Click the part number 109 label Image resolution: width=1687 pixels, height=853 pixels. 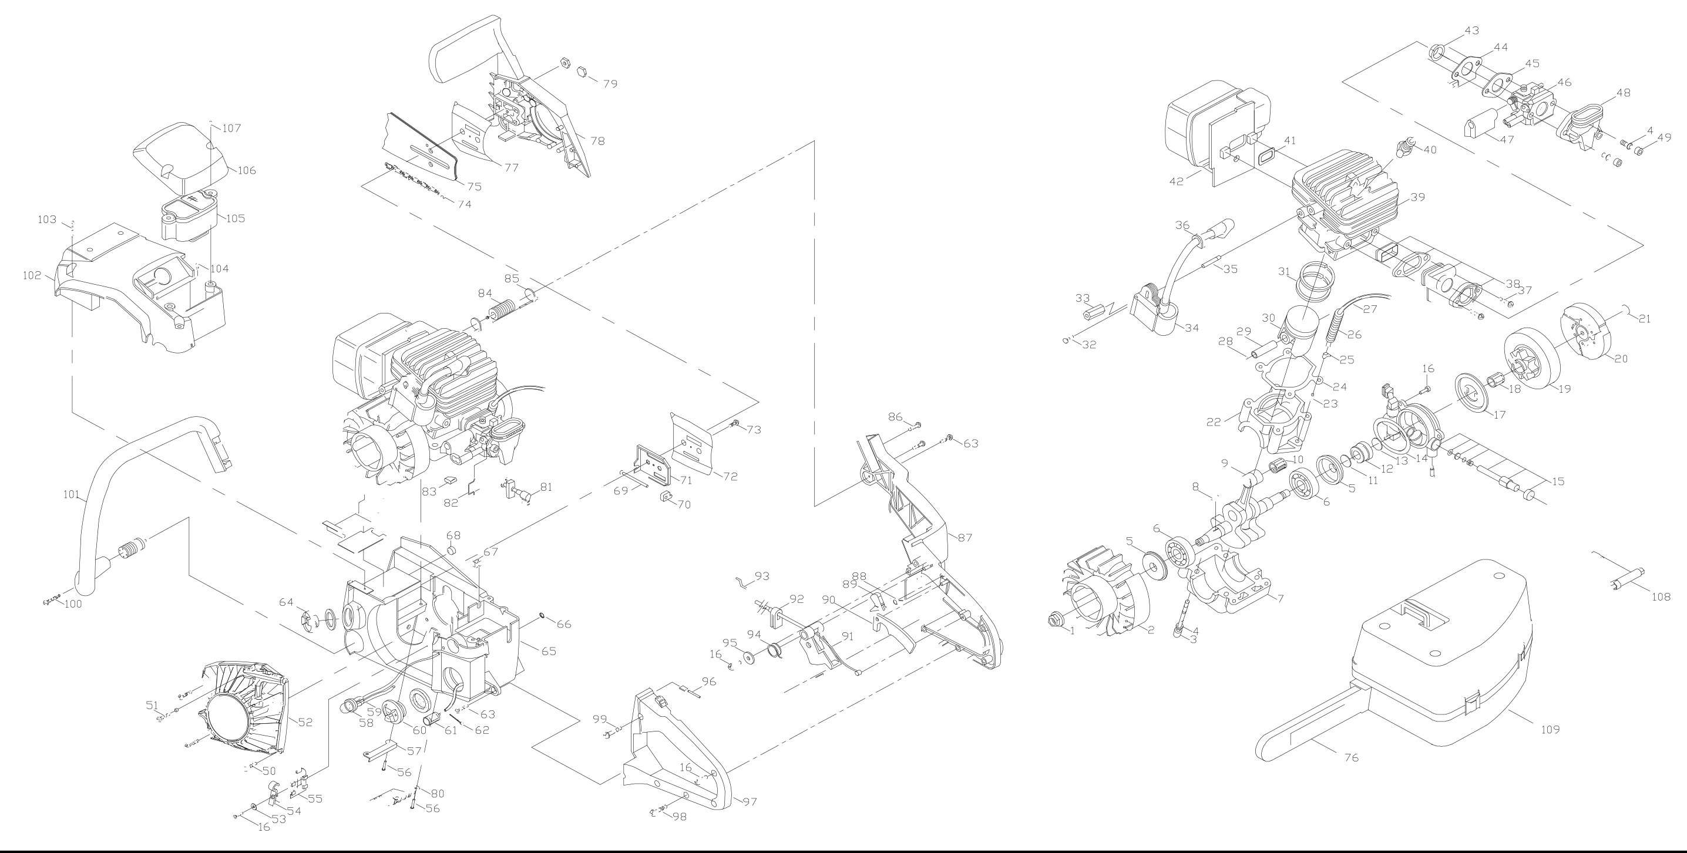click(x=1550, y=729)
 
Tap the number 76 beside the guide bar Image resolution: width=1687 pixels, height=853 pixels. click(x=1351, y=757)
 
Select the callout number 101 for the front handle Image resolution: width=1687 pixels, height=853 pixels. click(x=72, y=495)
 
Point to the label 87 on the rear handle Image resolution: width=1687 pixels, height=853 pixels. click(x=965, y=538)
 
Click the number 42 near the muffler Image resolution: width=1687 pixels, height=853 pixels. click(x=1176, y=181)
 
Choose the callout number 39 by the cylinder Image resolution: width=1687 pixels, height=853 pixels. click(x=1417, y=197)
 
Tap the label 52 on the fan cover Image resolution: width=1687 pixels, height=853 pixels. click(x=305, y=722)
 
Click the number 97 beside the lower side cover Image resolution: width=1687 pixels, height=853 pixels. click(x=750, y=802)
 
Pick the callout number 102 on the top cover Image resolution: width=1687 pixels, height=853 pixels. click(x=32, y=275)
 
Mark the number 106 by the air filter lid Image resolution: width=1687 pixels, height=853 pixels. click(x=246, y=171)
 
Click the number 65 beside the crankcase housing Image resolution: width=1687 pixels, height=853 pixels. click(x=548, y=652)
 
